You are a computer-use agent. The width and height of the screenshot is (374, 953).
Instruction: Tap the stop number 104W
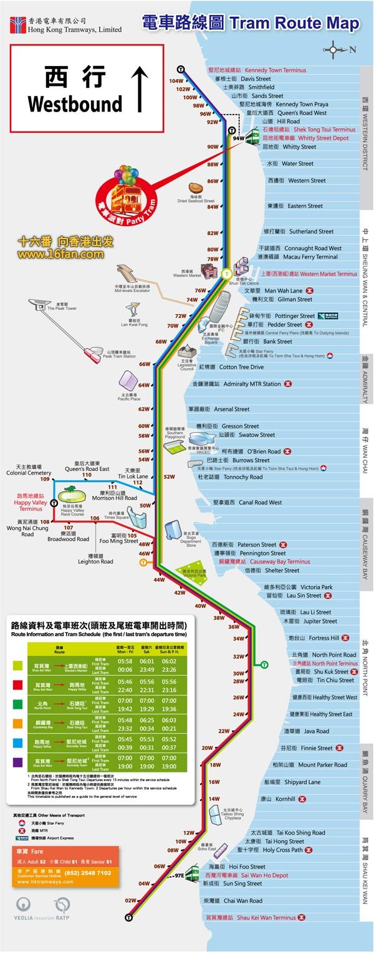coord(176,81)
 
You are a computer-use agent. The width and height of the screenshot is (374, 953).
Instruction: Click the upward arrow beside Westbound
coord(141,89)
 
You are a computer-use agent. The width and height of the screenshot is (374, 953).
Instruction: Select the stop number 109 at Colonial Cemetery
coord(45,479)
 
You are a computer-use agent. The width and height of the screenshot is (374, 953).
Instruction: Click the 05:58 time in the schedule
coord(125,661)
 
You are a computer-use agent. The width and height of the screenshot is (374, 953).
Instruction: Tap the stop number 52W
coord(169,476)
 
